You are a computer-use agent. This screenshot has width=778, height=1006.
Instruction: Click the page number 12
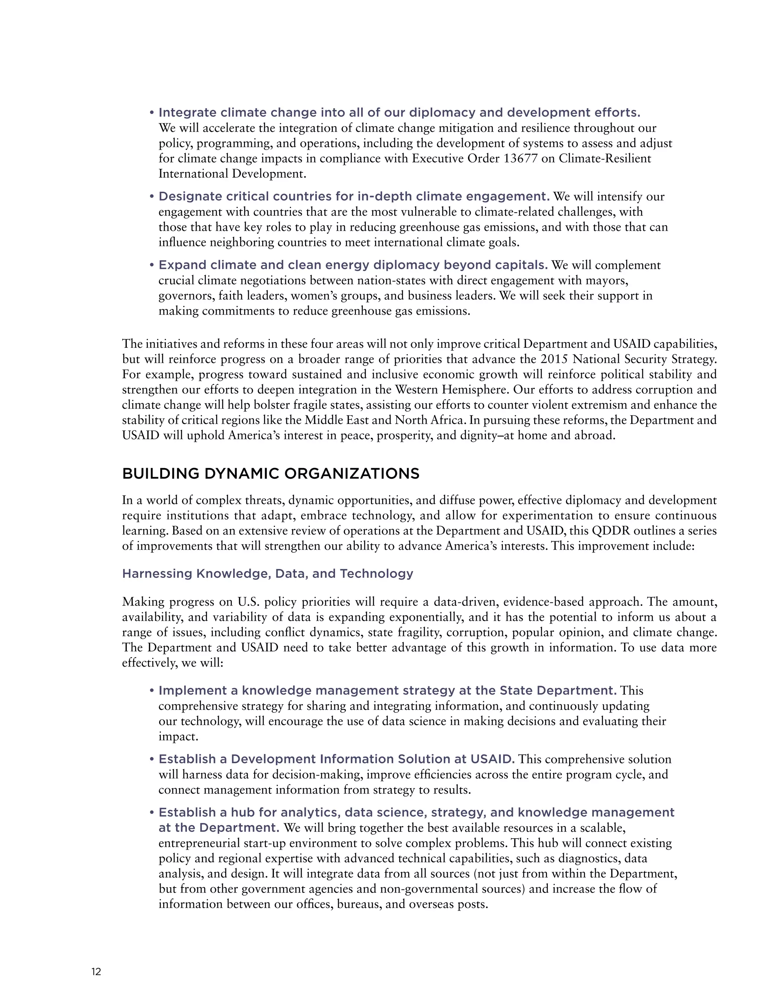pos(96,972)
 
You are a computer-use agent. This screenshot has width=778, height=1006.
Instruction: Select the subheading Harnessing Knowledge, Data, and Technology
pos(267,574)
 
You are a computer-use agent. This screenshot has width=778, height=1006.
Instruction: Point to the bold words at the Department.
pos(218,828)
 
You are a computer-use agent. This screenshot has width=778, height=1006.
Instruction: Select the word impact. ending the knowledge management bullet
pos(178,736)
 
